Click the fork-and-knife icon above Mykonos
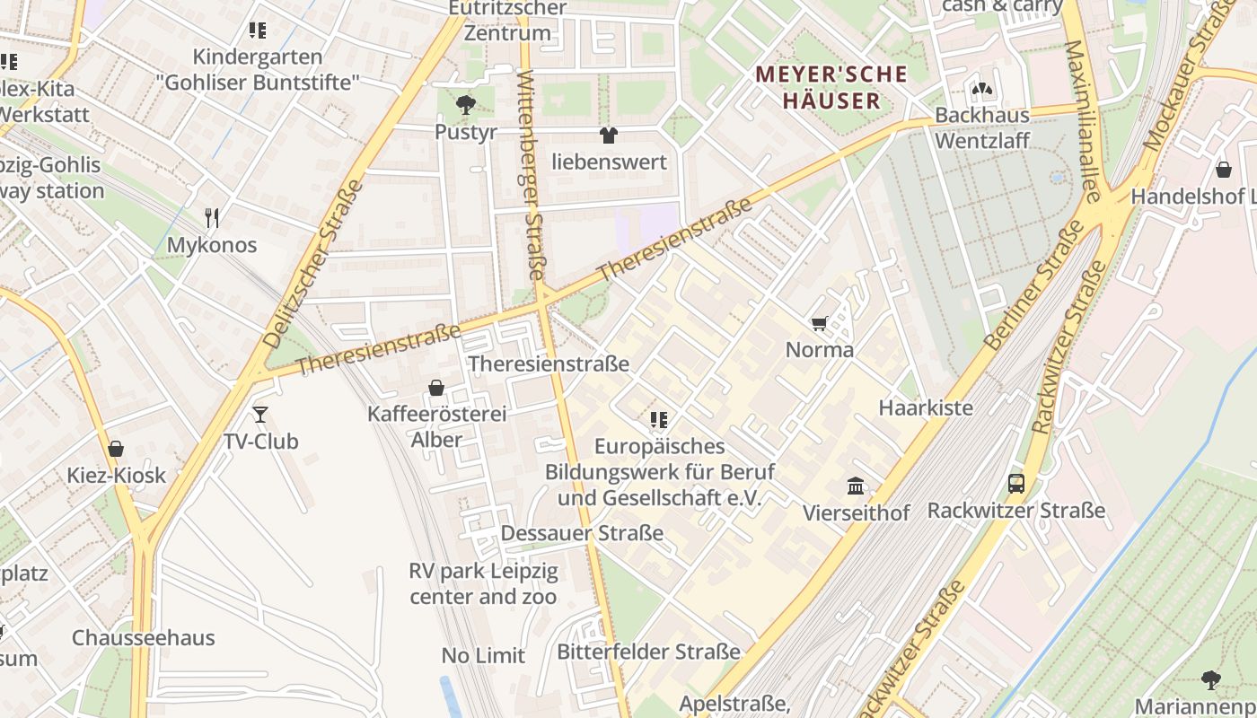(212, 217)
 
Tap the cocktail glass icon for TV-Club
(260, 414)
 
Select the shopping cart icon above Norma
(819, 323)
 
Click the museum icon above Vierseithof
(856, 486)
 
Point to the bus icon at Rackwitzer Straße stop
(1015, 484)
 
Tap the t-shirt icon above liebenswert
(609, 136)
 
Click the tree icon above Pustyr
(465, 105)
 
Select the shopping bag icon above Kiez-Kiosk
(116, 449)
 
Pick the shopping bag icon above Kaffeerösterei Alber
(436, 388)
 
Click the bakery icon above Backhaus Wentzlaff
(982, 89)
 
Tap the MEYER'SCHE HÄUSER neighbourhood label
(831, 87)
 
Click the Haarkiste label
(925, 407)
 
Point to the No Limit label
(483, 655)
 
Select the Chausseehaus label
(144, 638)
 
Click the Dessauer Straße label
(582, 533)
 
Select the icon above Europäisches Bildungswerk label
(659, 419)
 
